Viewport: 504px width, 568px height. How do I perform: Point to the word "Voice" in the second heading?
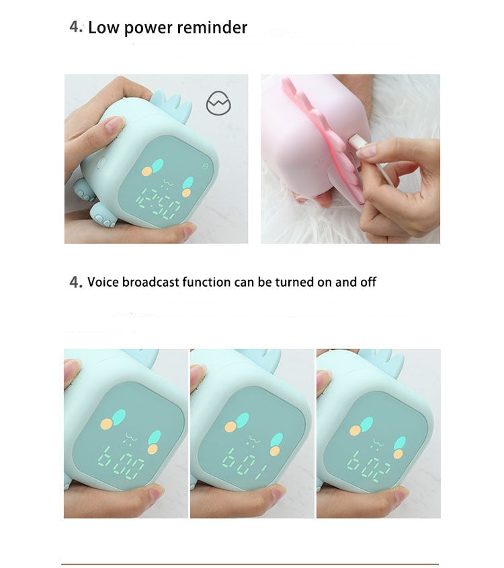[x=103, y=282]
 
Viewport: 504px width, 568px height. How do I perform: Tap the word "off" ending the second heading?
[x=368, y=282]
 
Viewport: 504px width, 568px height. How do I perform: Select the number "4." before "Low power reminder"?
[x=76, y=28]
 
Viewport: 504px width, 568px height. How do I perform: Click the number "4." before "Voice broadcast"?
[x=76, y=282]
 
